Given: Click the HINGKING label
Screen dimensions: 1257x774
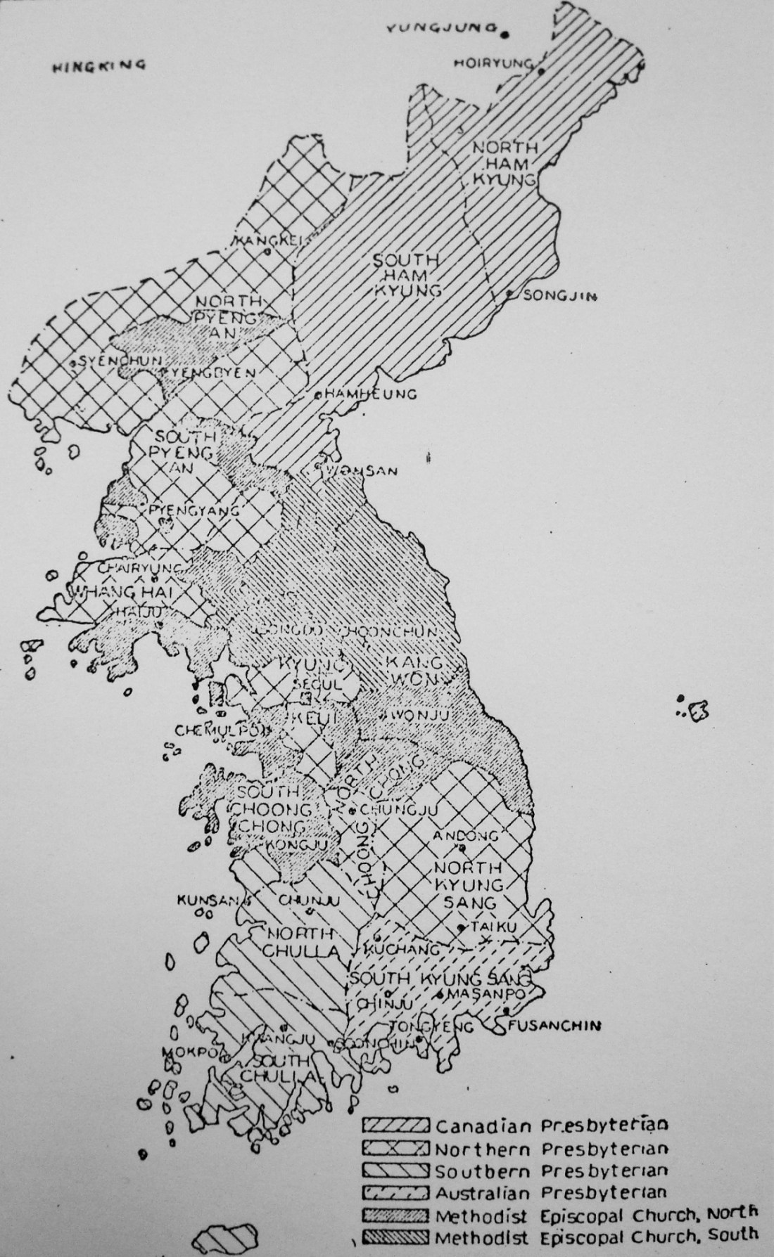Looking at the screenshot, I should [99, 65].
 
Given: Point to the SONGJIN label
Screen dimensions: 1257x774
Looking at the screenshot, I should [560, 297].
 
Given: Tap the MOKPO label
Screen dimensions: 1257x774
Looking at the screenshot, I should [182, 1052].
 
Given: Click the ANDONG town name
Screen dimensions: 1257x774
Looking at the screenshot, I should [465, 836].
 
